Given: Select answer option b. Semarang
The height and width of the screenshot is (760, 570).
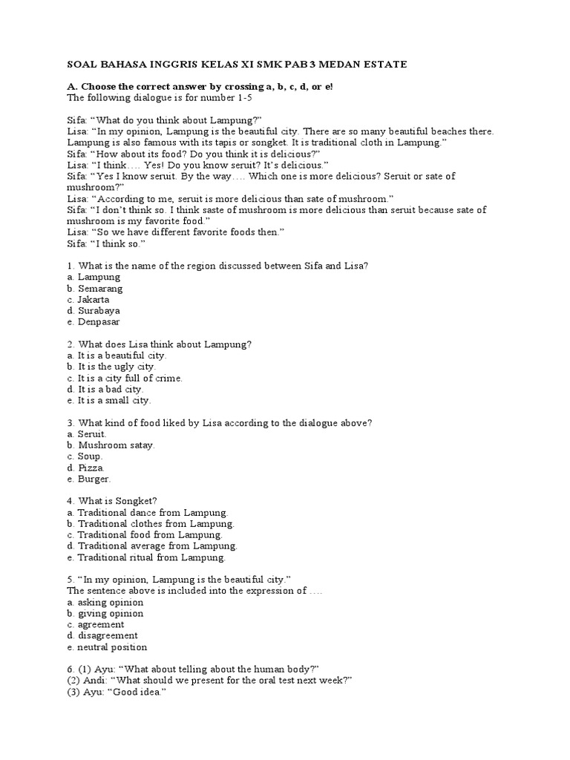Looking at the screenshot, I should (94, 288).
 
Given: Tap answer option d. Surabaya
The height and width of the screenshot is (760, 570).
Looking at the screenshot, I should (94, 310).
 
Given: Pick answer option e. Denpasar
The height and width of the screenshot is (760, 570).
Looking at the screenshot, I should (94, 322).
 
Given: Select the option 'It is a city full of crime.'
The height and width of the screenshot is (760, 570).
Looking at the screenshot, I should (125, 378).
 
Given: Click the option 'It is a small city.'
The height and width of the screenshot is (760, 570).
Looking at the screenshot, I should (109, 400).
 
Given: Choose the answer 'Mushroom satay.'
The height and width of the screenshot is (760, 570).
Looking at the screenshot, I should (111, 445).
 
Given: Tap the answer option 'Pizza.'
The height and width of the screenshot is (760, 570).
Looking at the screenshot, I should (86, 468).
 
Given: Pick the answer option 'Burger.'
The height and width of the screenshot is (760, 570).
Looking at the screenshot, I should (89, 479).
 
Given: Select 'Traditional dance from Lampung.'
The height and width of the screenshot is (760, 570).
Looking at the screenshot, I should (147, 513).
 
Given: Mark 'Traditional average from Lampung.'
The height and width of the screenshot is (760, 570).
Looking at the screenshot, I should (151, 546).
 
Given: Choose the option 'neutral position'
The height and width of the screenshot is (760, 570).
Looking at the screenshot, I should (111, 647).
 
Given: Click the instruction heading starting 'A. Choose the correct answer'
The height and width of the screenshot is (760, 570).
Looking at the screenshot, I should (200, 87).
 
